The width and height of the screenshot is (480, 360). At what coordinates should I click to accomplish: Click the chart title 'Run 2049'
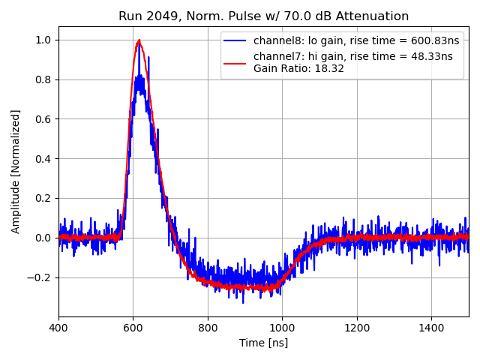pyautogui.click(x=263, y=16)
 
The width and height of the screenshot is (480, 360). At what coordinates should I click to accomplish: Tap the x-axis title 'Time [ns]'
pyautogui.click(x=263, y=343)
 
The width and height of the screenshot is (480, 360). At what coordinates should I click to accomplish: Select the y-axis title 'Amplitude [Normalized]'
pyautogui.click(x=16, y=171)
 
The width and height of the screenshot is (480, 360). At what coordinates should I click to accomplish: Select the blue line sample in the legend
pyautogui.click(x=237, y=41)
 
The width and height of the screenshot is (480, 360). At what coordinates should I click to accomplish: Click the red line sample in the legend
pyautogui.click(x=237, y=57)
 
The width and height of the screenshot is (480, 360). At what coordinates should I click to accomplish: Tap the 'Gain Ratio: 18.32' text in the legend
pyautogui.click(x=298, y=68)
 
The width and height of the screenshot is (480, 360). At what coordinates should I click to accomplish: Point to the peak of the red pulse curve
pyautogui.click(x=139, y=40)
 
